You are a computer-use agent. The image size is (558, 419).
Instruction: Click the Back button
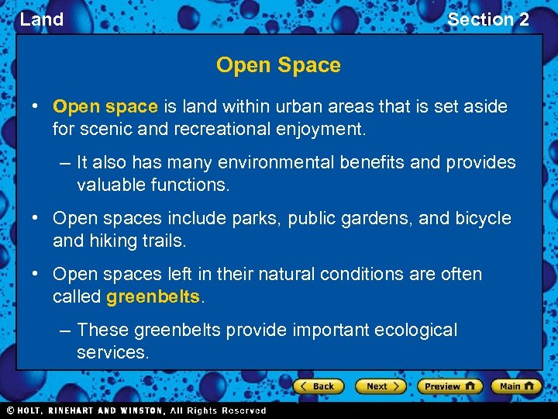pyautogui.click(x=318, y=386)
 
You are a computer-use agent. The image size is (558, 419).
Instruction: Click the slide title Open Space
pyautogui.click(x=278, y=65)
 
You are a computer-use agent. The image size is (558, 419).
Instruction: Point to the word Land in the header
pyautogui.click(x=42, y=19)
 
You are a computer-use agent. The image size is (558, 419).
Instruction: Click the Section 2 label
pyautogui.click(x=488, y=19)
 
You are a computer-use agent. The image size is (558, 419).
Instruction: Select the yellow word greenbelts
pyautogui.click(x=153, y=296)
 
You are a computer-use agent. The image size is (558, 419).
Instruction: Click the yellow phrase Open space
pyautogui.click(x=105, y=106)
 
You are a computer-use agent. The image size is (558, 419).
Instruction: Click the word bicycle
pyautogui.click(x=483, y=219)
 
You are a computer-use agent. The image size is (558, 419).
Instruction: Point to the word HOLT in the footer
pyautogui.click(x=33, y=410)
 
